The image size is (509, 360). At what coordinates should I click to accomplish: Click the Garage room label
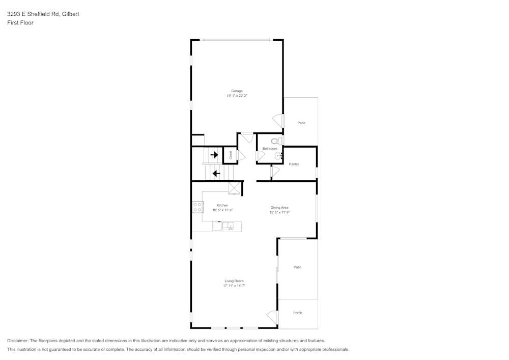[x=237, y=91]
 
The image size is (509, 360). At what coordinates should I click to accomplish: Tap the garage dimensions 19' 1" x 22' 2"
[x=237, y=96]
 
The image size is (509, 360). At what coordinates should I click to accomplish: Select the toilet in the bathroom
[x=276, y=141]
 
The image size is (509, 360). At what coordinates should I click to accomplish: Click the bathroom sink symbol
[x=278, y=156]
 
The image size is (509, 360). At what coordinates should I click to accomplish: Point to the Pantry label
[x=294, y=164]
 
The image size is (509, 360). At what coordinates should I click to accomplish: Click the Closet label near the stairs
[x=231, y=155]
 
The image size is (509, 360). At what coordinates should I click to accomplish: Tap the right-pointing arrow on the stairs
[x=214, y=155]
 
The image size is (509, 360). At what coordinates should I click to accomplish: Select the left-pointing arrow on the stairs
[x=216, y=173]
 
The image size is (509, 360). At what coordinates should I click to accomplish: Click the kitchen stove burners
[x=197, y=207]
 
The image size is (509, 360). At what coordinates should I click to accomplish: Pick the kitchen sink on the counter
[x=228, y=226]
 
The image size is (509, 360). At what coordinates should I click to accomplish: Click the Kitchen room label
[x=222, y=205]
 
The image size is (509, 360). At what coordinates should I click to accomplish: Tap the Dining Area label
[x=279, y=208]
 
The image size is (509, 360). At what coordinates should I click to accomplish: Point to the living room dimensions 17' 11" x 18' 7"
[x=234, y=286]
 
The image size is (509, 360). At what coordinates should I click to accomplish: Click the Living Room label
[x=234, y=281]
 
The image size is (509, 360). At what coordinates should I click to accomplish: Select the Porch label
[x=298, y=313]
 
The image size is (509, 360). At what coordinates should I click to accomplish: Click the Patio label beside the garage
[x=301, y=123]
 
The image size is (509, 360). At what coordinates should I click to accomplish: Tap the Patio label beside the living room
[x=297, y=267]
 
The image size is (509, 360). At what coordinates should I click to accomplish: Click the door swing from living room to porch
[x=273, y=317]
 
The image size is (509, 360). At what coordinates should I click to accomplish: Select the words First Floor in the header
[x=20, y=23]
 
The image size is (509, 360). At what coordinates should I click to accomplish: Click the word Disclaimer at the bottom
[x=18, y=341]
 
